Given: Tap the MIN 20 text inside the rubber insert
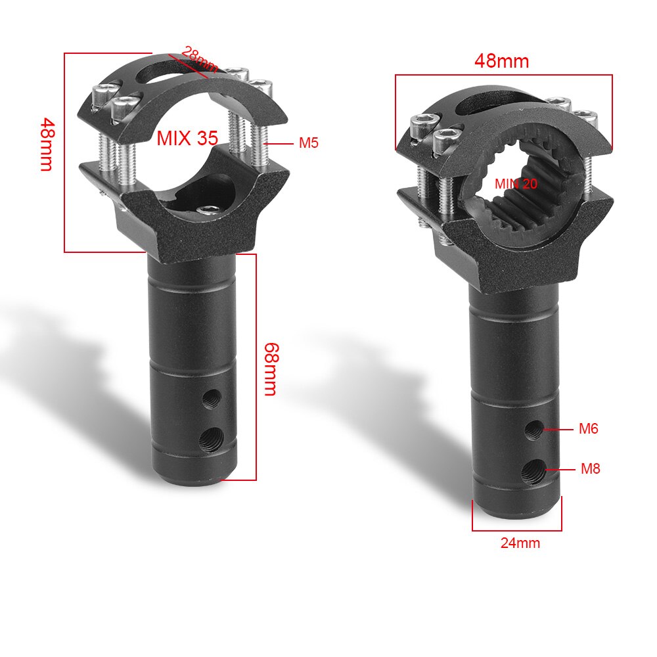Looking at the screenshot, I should (516, 184).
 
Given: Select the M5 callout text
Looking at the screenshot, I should (308, 143).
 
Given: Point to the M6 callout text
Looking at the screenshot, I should (588, 429).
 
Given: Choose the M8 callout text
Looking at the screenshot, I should (590, 469).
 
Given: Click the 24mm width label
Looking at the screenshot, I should (520, 543).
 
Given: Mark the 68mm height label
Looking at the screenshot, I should (269, 369).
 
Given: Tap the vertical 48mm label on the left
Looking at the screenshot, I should (46, 144).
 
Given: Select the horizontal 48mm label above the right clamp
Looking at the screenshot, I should (501, 61).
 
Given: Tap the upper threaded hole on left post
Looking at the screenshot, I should (212, 397).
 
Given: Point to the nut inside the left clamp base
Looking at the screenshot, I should (209, 209).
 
